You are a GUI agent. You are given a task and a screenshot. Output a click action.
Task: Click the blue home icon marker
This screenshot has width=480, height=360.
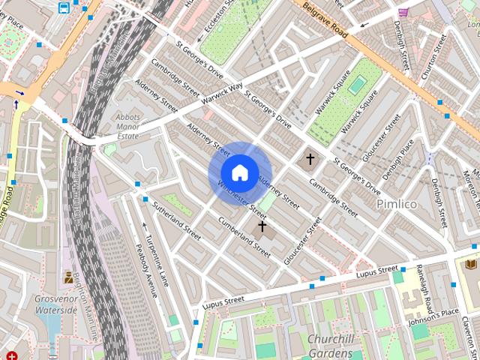[239, 172]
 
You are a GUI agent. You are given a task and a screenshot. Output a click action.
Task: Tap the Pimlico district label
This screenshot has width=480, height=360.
[396, 204]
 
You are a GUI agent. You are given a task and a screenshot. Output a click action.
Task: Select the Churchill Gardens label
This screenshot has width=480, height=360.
[330, 346]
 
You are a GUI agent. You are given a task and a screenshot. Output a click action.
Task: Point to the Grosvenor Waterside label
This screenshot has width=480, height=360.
[56, 304]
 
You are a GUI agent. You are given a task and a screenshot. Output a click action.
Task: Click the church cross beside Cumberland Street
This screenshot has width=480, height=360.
[262, 226]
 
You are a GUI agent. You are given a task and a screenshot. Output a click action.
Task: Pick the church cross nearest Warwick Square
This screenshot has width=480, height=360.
[310, 159]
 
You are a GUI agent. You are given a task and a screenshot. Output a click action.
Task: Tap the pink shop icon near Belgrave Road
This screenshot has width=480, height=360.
[403, 12]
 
